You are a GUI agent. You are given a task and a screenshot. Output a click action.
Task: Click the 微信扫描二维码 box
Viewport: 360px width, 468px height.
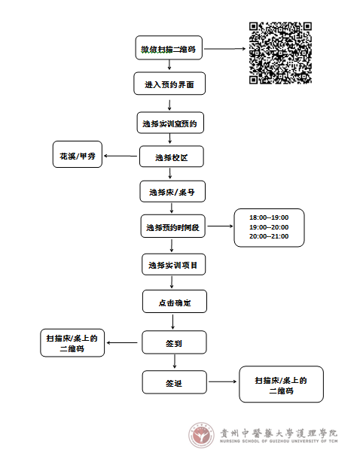169,47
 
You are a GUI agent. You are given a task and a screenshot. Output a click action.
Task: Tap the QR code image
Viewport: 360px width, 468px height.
280,53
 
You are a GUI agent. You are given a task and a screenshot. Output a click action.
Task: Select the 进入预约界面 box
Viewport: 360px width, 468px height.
169,84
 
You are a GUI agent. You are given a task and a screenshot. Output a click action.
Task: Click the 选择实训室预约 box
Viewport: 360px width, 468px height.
170,123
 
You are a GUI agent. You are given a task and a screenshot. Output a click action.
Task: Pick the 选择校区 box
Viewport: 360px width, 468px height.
172,157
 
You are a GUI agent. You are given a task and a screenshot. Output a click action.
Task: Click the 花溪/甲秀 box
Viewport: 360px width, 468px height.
78,154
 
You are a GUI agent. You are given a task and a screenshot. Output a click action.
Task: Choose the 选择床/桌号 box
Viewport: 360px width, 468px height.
172,191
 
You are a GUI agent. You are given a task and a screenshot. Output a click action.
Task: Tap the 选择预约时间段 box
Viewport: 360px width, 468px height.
172,226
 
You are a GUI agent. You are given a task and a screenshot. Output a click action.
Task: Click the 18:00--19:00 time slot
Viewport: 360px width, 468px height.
269,217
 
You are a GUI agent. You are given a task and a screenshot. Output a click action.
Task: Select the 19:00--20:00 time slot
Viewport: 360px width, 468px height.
269,227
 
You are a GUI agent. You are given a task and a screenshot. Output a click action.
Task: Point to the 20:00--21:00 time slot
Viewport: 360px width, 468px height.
269,236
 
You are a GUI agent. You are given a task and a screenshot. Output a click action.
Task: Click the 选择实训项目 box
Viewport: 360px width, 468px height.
173,264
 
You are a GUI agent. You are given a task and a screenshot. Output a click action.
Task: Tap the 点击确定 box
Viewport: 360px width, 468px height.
175,302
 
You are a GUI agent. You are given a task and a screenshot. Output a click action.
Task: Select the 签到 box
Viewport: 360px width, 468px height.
174,342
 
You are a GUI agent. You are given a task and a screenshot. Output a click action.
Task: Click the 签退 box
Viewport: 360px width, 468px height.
175,382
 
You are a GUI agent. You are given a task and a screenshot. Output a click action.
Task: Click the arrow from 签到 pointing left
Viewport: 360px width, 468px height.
122,342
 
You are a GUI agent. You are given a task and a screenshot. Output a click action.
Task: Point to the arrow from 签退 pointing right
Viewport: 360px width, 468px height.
223,381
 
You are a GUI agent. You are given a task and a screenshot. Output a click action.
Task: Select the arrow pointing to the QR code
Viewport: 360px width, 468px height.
224,48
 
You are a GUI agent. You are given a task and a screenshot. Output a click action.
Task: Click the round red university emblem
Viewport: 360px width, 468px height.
201,435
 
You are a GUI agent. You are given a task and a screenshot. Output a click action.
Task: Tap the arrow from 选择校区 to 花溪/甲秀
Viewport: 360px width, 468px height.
121,156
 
